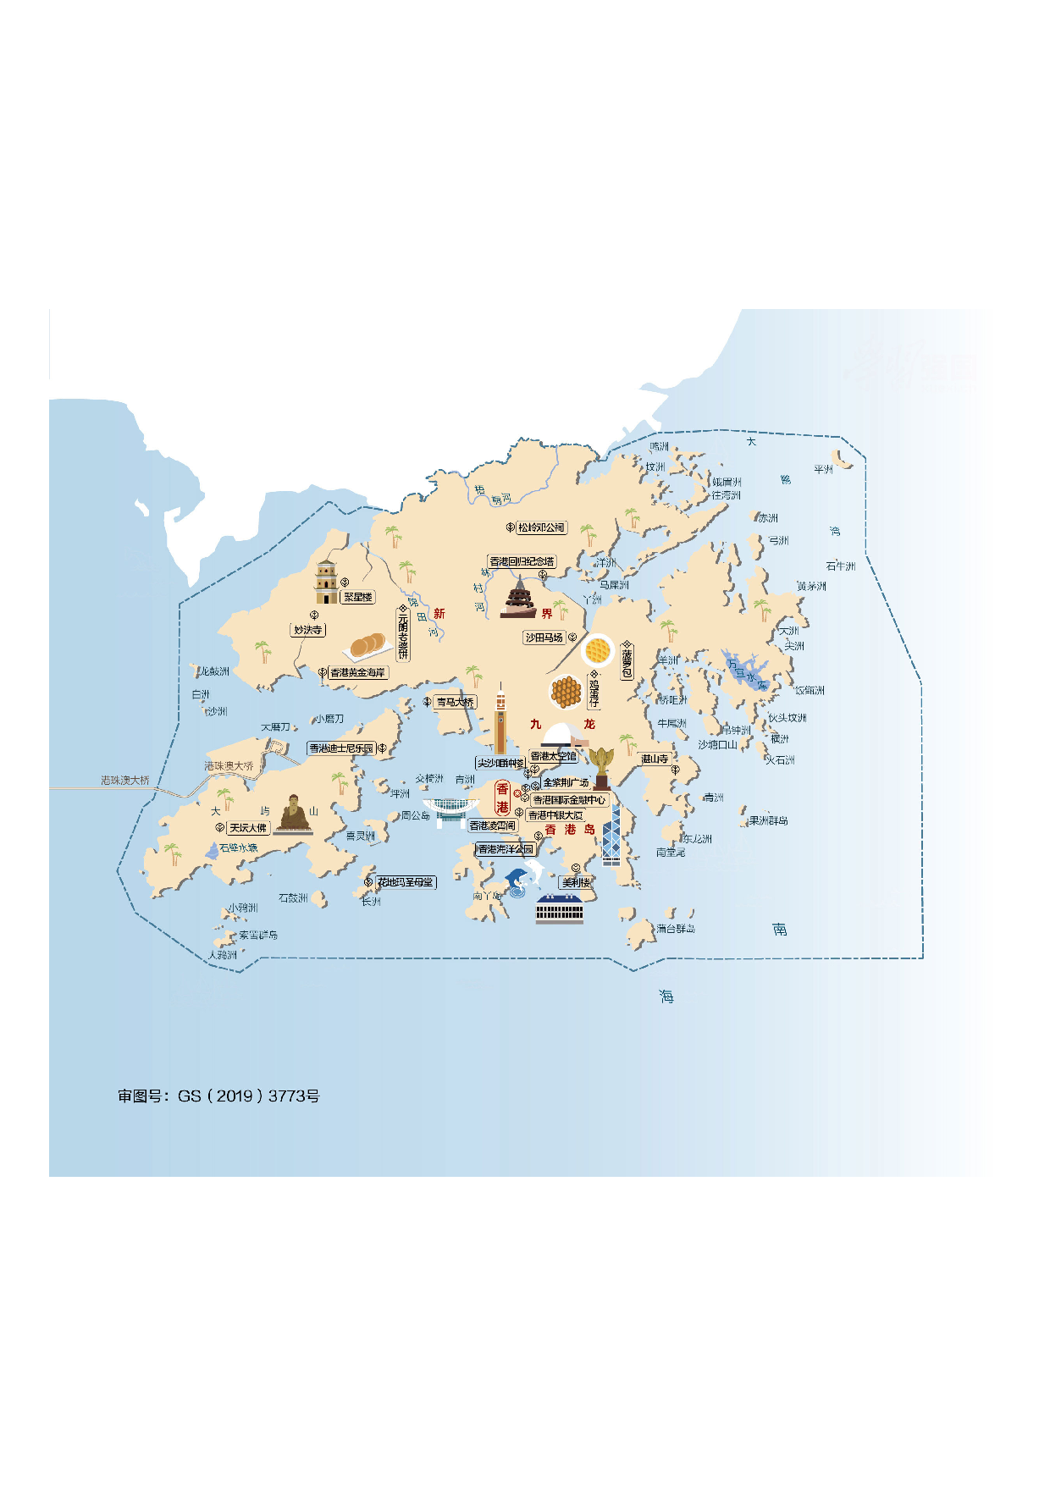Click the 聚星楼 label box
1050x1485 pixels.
(x=357, y=597)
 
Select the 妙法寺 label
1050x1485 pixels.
(x=307, y=630)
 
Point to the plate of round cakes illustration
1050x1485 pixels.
(x=368, y=647)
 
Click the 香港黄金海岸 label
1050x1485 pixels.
(x=357, y=672)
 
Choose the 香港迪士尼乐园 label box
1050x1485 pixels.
(x=341, y=748)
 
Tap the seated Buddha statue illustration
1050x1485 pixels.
(x=294, y=814)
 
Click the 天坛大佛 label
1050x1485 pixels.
(x=248, y=828)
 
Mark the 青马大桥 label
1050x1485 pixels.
(x=455, y=702)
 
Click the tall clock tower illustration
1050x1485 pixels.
(x=500, y=720)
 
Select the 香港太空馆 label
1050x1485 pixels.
(x=553, y=756)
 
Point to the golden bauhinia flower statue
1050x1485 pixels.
(x=601, y=767)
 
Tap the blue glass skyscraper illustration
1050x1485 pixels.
(x=611, y=835)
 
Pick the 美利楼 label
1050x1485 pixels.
(x=577, y=882)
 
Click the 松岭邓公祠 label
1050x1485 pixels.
(x=541, y=527)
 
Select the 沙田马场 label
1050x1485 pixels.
(x=544, y=638)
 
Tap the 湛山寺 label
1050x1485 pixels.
(x=655, y=759)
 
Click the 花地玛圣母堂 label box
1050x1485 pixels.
(x=406, y=882)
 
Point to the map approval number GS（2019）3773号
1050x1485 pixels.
(x=218, y=1096)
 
